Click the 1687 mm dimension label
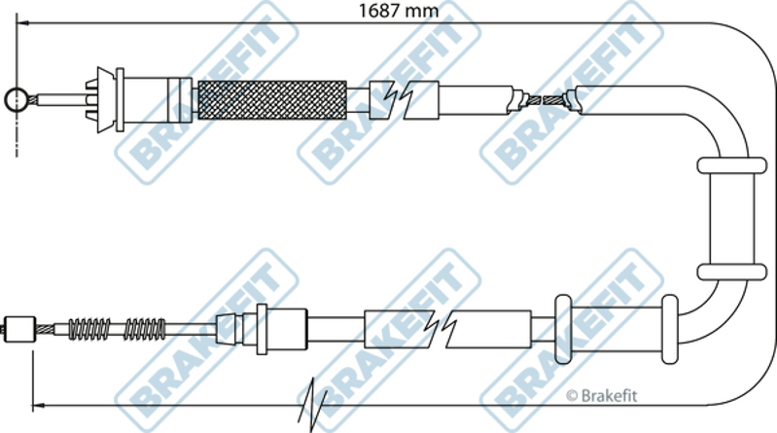399,11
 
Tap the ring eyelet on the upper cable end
17,99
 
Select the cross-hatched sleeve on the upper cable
272,99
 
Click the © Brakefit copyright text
601,395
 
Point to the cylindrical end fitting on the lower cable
19,329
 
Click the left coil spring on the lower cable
89,329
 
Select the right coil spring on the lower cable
145,329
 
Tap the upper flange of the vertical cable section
732,165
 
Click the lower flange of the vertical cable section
732,272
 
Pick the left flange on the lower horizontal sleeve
563,329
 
